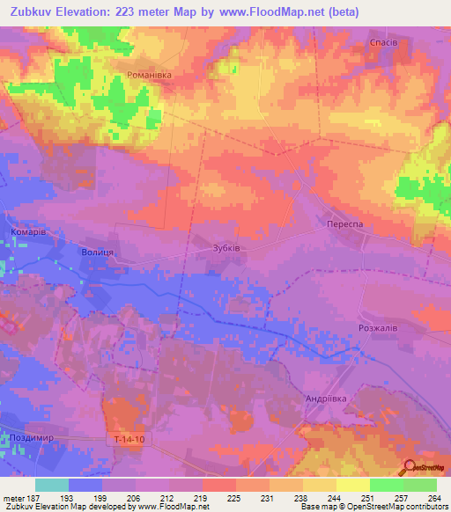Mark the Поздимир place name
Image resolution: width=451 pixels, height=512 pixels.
pyautogui.click(x=31, y=437)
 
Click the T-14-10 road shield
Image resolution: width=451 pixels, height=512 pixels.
pyautogui.click(x=128, y=439)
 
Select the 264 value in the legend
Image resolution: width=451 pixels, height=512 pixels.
pyautogui.click(x=433, y=498)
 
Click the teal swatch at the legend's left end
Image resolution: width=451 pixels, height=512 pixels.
pyautogui.click(x=52, y=485)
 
